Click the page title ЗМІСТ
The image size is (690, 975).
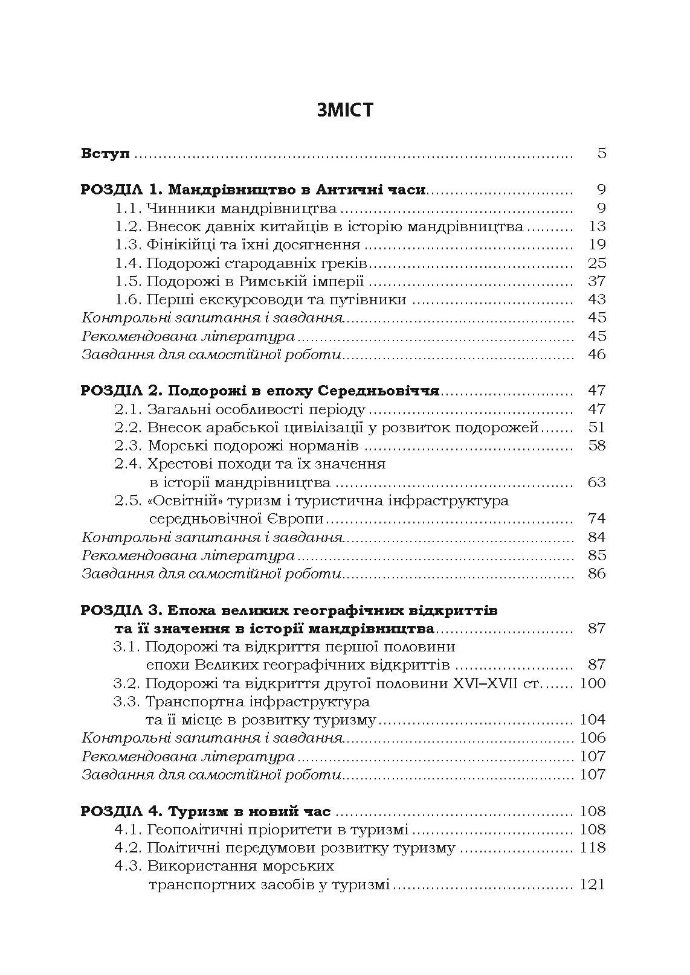pos(344,110)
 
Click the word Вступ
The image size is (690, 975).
pos(106,153)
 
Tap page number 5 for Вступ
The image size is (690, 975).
pos(601,153)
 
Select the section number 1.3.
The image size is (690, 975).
pos(127,245)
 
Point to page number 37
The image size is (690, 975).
pos(596,281)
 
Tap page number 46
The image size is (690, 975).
pos(596,354)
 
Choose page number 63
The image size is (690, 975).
pos(596,482)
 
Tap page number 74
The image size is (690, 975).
pos(596,519)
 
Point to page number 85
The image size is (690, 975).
pos(596,555)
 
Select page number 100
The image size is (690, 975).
pos(592,683)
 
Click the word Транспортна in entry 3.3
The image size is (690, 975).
pos(188,702)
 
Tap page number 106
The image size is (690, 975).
pos(592,738)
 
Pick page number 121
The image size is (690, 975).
pos(592,884)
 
